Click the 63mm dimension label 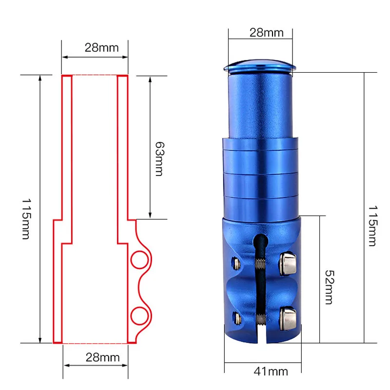[160, 159]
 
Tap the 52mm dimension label [330, 287]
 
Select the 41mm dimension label [271, 371]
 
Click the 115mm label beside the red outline [26, 219]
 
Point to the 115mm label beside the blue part [372, 226]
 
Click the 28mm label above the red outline [102, 47]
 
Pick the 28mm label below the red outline [103, 357]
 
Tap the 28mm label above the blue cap [266, 33]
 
